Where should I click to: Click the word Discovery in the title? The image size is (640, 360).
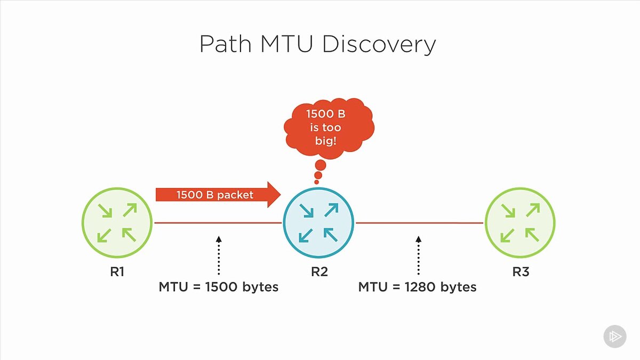tap(379, 44)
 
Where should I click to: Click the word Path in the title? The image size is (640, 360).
tap(226, 44)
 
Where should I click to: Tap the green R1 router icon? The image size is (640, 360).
tap(117, 222)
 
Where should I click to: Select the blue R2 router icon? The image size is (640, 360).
tap(318, 222)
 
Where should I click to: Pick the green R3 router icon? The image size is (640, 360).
tap(520, 222)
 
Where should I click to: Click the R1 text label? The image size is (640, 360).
tap(117, 271)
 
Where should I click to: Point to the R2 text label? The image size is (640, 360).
tap(319, 271)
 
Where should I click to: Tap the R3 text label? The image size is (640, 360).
tap(521, 271)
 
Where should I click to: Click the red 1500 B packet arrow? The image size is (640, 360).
tap(218, 195)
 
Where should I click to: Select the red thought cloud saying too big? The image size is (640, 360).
tap(329, 129)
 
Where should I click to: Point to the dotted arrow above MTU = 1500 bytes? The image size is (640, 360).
tap(219, 255)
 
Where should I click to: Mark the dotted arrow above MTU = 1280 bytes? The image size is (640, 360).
tap(418, 255)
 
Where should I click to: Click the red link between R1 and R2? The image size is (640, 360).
tap(218, 222)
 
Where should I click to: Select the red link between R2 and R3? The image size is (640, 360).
tap(419, 222)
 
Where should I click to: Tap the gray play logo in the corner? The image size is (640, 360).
tap(615, 337)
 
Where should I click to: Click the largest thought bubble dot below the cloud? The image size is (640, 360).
tap(321, 165)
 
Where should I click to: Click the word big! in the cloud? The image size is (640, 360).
tap(326, 141)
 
